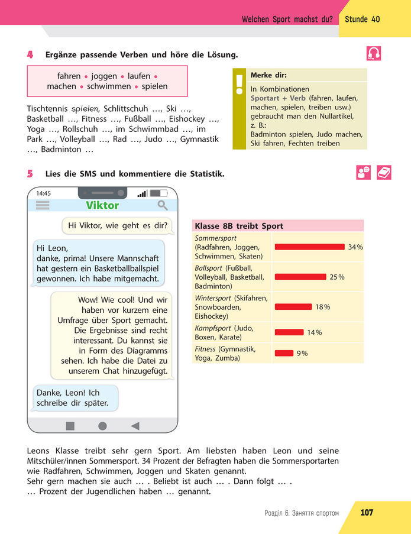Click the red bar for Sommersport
[x=309, y=247]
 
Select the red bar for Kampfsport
[x=289, y=332]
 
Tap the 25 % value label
[x=337, y=277]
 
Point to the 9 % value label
[x=302, y=353]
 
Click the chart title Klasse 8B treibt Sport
[x=239, y=226]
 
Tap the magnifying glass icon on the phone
[x=162, y=205]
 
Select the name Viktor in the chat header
[x=102, y=206]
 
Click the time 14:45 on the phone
[x=44, y=193]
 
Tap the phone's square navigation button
[x=70, y=426]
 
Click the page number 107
[x=367, y=512]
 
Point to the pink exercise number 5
[x=30, y=174]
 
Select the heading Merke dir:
[x=268, y=76]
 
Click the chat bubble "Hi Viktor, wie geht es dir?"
[x=118, y=225]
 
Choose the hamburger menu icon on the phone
[x=43, y=205]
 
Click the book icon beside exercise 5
[x=384, y=172]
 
